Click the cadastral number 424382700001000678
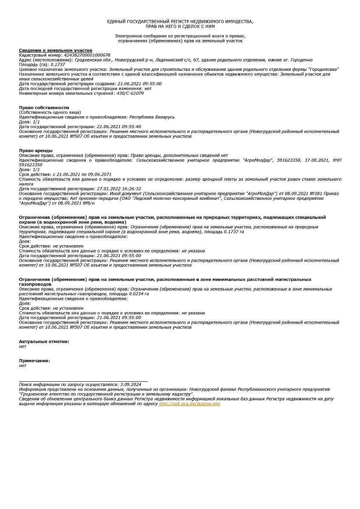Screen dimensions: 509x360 (x=87, y=55)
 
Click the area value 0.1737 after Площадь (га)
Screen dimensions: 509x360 (x=58, y=64)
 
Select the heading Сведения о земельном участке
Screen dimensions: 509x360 (x=56, y=50)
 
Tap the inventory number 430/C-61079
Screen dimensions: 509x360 (x=130, y=93)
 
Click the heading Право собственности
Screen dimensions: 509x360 (x=44, y=108)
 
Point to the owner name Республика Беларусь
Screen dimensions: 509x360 (x=152, y=117)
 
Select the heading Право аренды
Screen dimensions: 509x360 (x=36, y=151)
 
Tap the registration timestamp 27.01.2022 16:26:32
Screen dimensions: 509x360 (x=119, y=189)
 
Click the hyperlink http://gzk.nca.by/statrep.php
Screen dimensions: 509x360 (x=189, y=404)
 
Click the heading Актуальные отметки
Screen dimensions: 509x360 (x=44, y=341)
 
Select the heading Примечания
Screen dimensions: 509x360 (x=34, y=361)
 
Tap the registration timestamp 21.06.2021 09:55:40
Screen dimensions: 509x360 (x=119, y=126)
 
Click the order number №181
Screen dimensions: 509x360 (x=312, y=193)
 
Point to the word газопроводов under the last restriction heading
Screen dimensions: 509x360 (x=35, y=284)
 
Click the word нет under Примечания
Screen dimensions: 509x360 (x=22, y=365)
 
